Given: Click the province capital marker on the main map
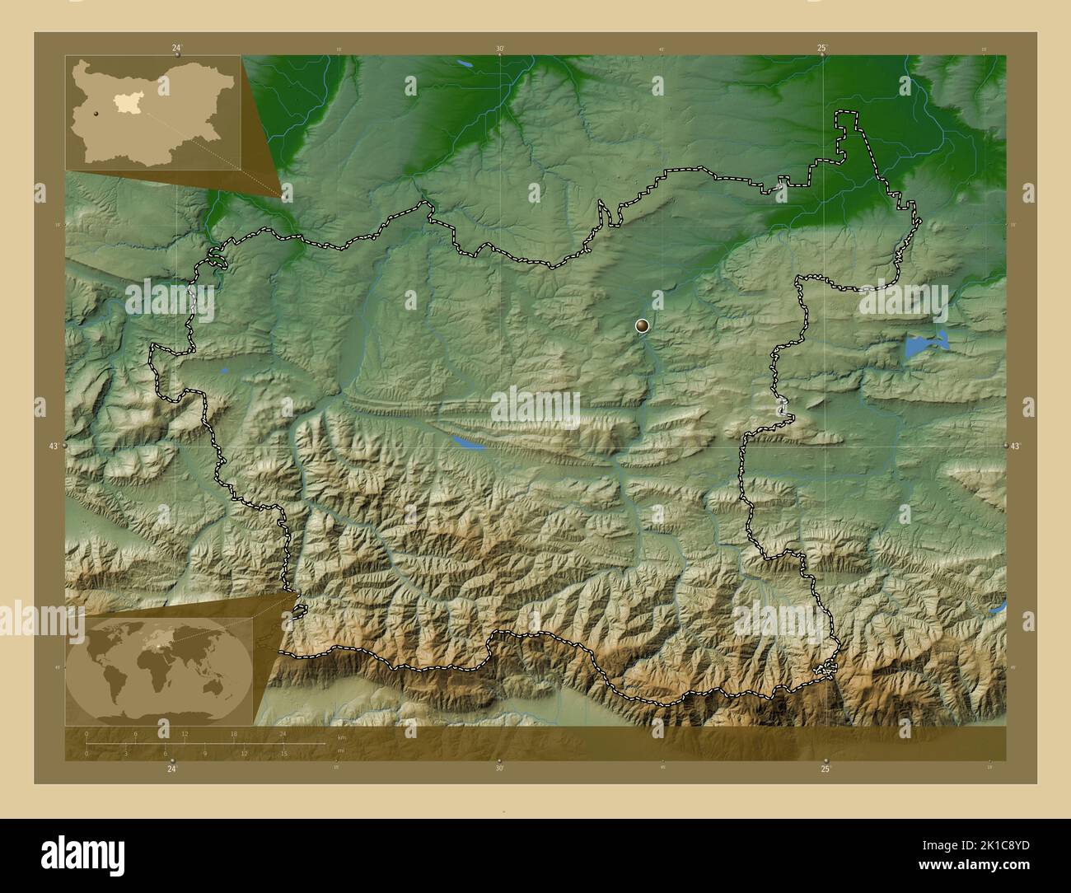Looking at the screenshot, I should tap(643, 327).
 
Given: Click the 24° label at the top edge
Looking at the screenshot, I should tap(176, 48).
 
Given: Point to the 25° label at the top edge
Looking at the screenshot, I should tap(822, 48).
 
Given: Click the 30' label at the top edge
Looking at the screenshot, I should tap(500, 48).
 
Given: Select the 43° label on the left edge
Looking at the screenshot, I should tap(54, 446).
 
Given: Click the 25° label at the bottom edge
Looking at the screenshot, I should tap(825, 769).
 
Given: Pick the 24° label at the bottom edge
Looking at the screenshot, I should tap(171, 769).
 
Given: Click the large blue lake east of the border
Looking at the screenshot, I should tap(923, 344).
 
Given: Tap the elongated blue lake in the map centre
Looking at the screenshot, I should tap(466, 443).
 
